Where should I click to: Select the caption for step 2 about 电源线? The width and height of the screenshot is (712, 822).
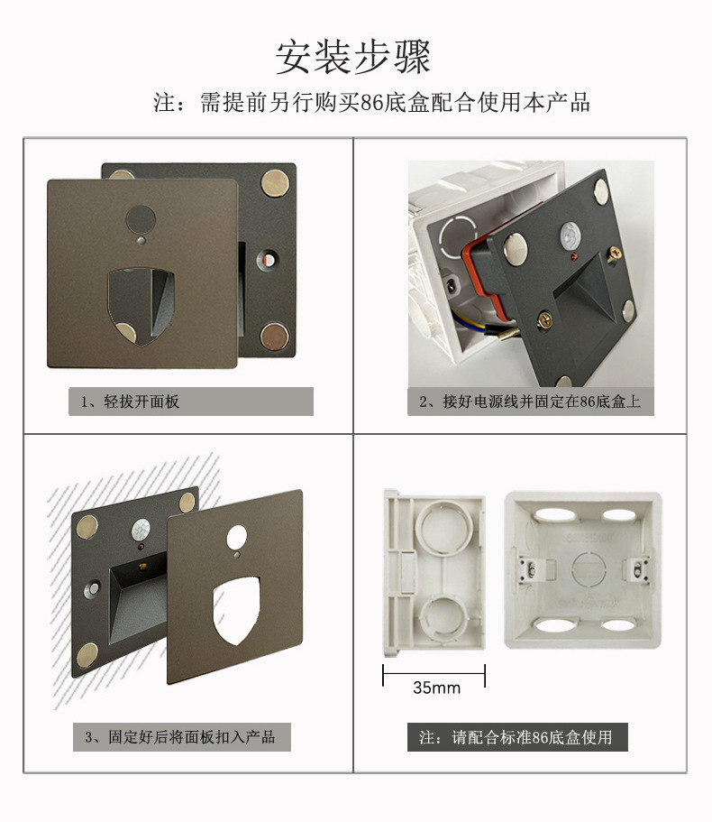tap(530, 402)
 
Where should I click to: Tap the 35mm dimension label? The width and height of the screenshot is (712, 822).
tap(436, 688)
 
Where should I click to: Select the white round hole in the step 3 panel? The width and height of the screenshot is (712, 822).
tap(237, 538)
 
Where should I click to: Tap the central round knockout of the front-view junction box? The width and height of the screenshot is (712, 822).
tap(586, 570)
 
